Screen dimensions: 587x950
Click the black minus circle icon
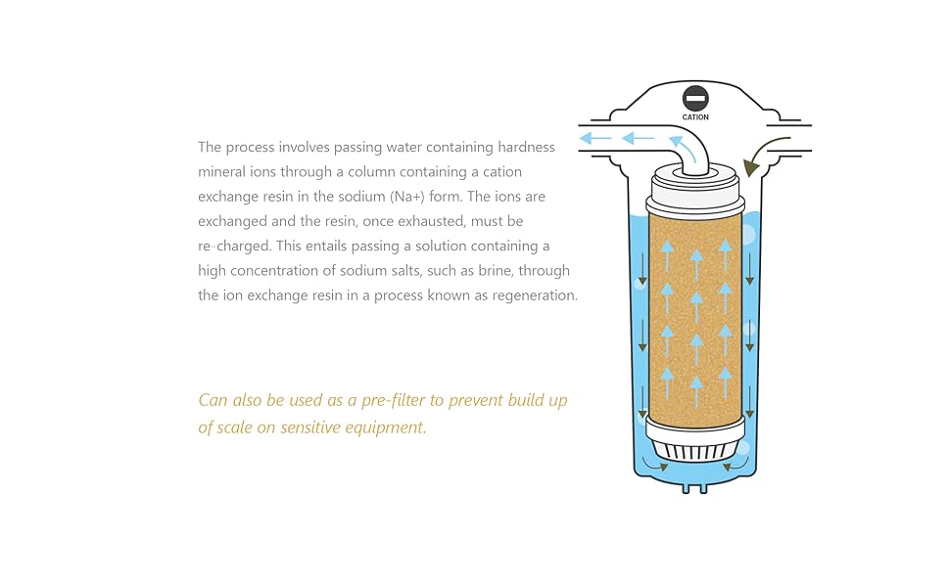(695, 99)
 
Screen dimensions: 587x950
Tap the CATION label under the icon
(695, 117)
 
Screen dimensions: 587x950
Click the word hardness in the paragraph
(526, 148)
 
